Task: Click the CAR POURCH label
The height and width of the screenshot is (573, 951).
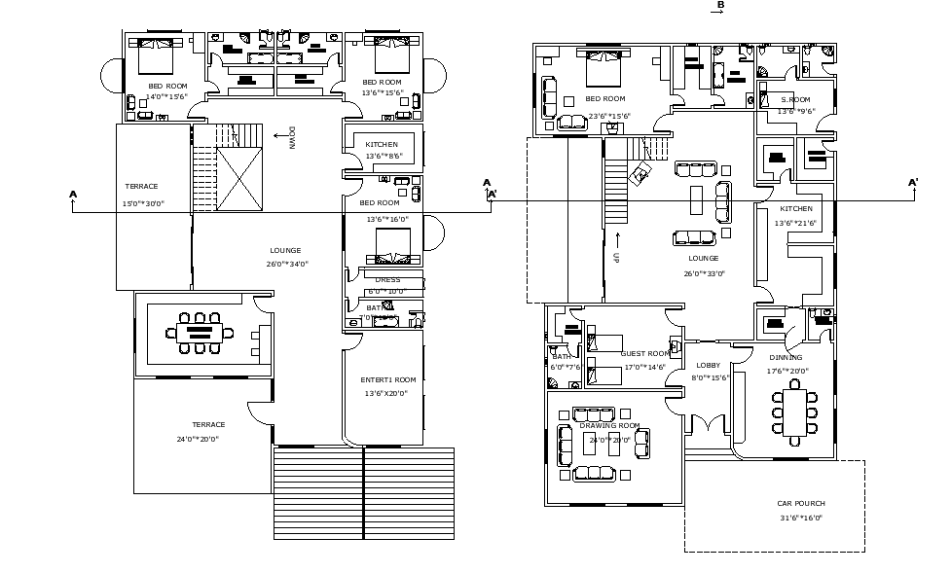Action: pos(800,503)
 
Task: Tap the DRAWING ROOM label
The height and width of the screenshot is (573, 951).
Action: pos(609,426)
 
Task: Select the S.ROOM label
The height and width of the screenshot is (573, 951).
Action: pos(795,99)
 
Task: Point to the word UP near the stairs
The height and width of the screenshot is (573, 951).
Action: pos(616,258)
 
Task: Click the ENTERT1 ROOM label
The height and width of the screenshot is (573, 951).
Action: pos(387,379)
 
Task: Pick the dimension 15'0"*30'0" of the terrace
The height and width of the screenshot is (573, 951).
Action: pos(143,203)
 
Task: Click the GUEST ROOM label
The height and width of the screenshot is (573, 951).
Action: pos(645,353)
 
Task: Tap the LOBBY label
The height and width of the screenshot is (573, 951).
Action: pos(708,365)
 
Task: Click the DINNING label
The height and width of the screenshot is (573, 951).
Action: pos(785,357)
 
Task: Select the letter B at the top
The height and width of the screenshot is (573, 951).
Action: pos(720,6)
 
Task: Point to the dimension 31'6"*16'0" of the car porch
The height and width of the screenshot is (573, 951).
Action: pos(800,518)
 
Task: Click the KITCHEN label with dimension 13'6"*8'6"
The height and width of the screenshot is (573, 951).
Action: pos(382,144)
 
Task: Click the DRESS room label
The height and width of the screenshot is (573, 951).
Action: pos(387,280)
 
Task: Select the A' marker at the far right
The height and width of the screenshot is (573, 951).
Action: pos(912,183)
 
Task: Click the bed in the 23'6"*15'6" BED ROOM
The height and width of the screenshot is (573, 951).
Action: pos(600,68)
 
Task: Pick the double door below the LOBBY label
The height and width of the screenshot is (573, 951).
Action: pos(709,425)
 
